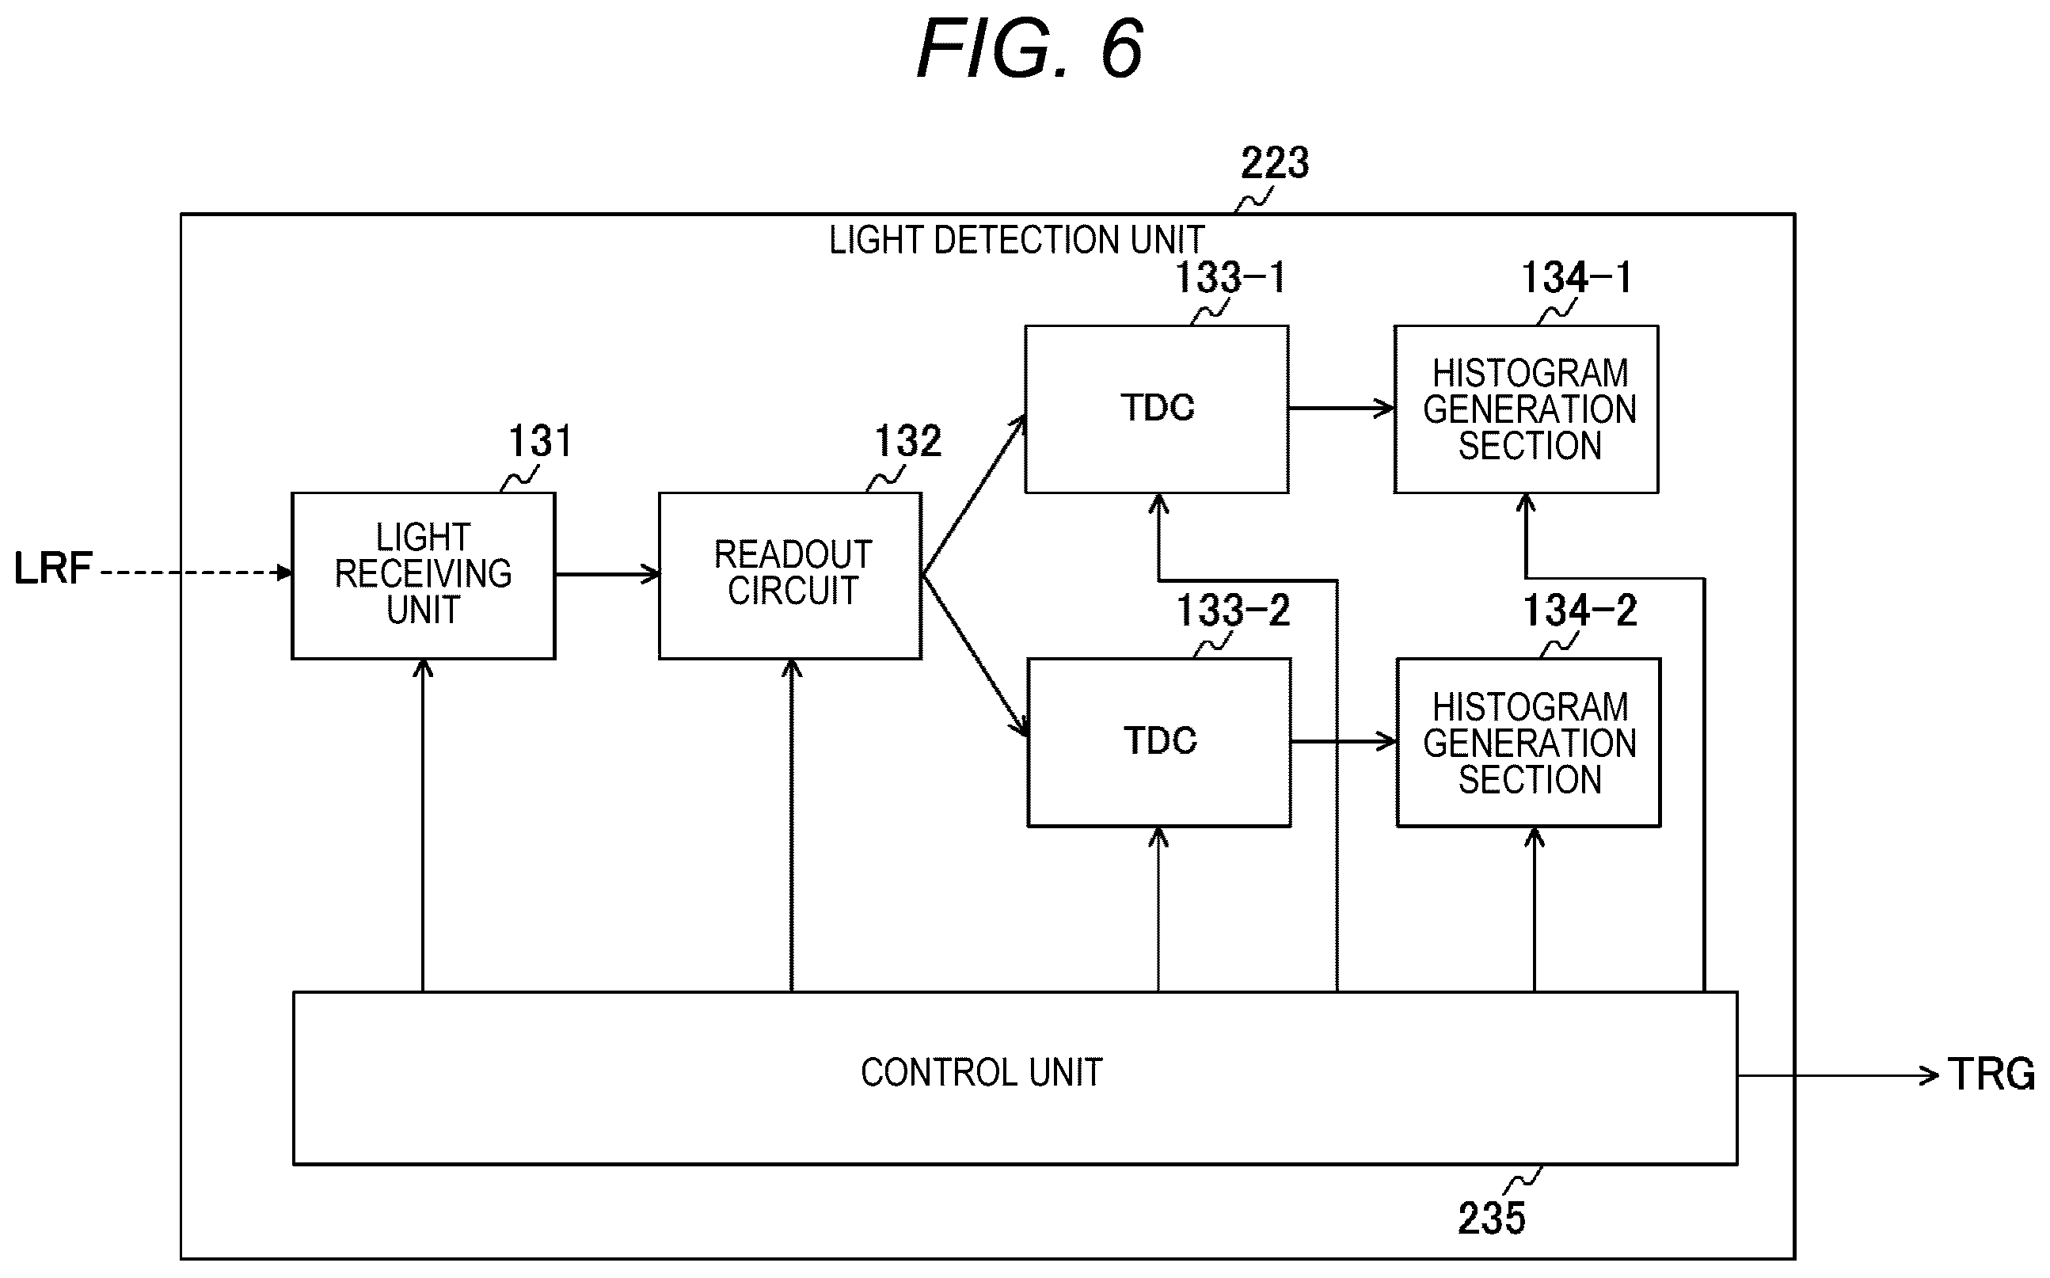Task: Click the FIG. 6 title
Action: pyautogui.click(x=1030, y=49)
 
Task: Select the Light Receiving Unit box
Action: pyautogui.click(x=424, y=576)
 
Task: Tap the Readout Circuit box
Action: pyautogui.click(x=790, y=576)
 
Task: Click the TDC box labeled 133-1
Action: pyautogui.click(x=1157, y=409)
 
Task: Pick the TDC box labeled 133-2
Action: pyautogui.click(x=1159, y=742)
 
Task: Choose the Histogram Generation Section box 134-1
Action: pyautogui.click(x=1526, y=409)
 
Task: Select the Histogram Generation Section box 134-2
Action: pyautogui.click(x=1529, y=742)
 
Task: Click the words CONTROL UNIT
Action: pyautogui.click(x=981, y=1073)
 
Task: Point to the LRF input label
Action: pyautogui.click(x=52, y=568)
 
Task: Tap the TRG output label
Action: pyautogui.click(x=1991, y=1075)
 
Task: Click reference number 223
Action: pyautogui.click(x=1274, y=162)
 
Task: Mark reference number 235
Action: pyautogui.click(x=1492, y=1218)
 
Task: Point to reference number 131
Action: pyautogui.click(x=540, y=441)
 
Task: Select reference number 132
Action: pyautogui.click(x=907, y=441)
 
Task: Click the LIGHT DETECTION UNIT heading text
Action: pyautogui.click(x=1017, y=240)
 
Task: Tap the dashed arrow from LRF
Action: pyautogui.click(x=196, y=573)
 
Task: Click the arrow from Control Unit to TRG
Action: pyautogui.click(x=1838, y=1075)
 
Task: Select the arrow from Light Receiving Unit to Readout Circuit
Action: pyautogui.click(x=607, y=575)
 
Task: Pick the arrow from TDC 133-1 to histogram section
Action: pyautogui.click(x=1341, y=409)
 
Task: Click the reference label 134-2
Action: pyautogui.click(x=1580, y=610)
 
